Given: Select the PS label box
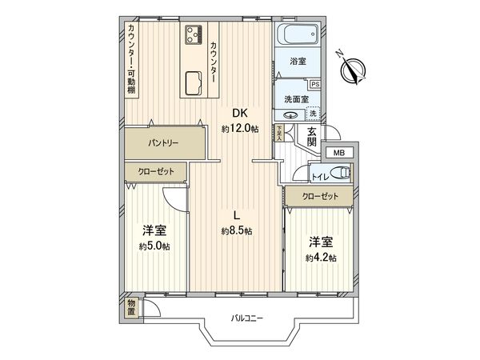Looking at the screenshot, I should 314,83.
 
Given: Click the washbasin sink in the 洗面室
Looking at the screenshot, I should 291,114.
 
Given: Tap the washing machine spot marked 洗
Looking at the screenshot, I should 313,114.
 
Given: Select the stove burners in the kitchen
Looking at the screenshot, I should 194,34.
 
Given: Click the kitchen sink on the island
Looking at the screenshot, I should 194,82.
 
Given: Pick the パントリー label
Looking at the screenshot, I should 162,144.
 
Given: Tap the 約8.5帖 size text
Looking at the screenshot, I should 237,231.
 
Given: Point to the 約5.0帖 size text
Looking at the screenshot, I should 154,246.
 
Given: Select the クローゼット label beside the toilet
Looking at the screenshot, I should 320,196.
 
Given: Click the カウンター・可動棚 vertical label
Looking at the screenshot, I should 131,58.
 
